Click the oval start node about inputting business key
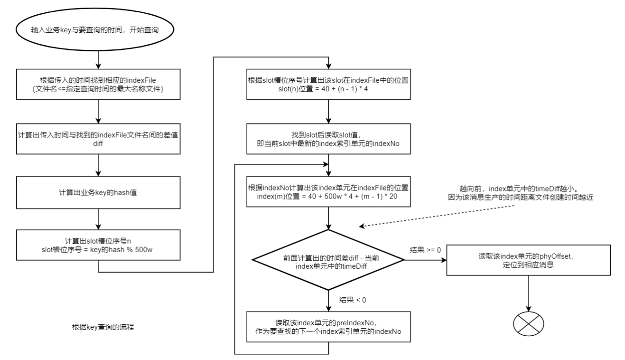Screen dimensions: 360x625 tap(97, 29)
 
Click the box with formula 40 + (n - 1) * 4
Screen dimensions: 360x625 tap(329, 85)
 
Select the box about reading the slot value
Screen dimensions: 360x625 tap(329, 139)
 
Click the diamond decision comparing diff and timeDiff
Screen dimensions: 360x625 tap(329, 260)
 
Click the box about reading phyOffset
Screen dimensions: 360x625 tap(528, 260)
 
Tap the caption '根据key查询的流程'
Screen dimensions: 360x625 tap(103, 327)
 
